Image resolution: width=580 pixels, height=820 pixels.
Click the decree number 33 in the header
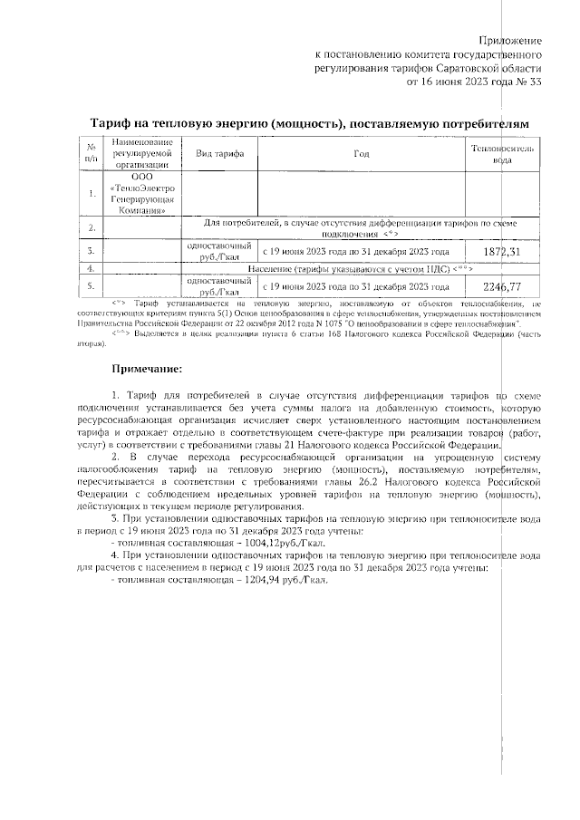click(x=535, y=82)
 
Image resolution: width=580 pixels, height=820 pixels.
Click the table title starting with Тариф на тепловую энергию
click(x=308, y=122)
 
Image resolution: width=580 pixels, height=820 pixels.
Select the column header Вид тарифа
click(x=220, y=154)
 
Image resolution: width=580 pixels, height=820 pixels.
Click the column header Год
click(x=362, y=154)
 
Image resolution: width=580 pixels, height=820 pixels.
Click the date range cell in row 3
click(x=356, y=251)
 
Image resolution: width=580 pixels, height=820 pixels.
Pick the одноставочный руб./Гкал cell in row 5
click(x=220, y=286)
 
